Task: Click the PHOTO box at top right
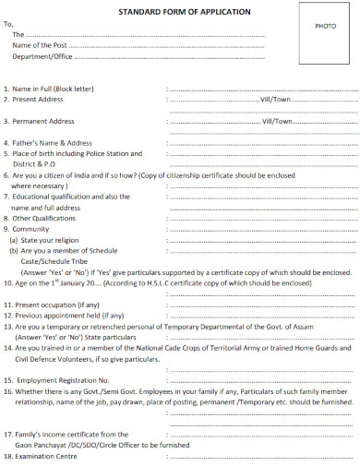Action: pos(326,28)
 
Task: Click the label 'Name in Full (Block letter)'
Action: pos(54,88)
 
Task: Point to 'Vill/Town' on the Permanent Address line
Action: pos(278,121)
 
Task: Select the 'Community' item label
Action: pos(32,229)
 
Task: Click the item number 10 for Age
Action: pos(8,283)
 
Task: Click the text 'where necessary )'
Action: pos(42,185)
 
